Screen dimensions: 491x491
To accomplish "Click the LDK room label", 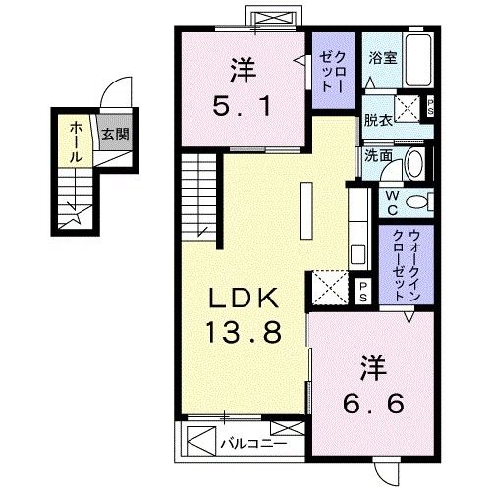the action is click(x=244, y=298).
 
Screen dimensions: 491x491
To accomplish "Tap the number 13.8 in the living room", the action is click(x=244, y=332).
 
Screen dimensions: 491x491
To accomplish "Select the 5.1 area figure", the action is click(x=243, y=106).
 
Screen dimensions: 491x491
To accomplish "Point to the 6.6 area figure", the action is click(x=373, y=403).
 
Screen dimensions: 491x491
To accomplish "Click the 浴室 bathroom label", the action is click(x=383, y=58).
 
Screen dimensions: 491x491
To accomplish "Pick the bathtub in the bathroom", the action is click(x=418, y=61).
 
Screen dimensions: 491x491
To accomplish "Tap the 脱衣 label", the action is click(x=378, y=120).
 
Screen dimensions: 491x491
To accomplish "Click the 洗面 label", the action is click(x=378, y=156).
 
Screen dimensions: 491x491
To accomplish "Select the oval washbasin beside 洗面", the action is click(x=414, y=164).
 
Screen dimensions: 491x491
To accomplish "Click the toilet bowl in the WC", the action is click(x=416, y=201).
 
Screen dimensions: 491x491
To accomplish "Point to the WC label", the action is click(x=392, y=203).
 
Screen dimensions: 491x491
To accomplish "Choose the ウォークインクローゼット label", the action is click(x=407, y=265).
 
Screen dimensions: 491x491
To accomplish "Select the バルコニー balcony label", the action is click(x=253, y=444).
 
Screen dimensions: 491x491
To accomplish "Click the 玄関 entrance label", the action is click(x=115, y=135).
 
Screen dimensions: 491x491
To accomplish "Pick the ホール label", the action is click(x=76, y=141).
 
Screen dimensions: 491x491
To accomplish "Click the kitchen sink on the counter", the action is click(x=357, y=255).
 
